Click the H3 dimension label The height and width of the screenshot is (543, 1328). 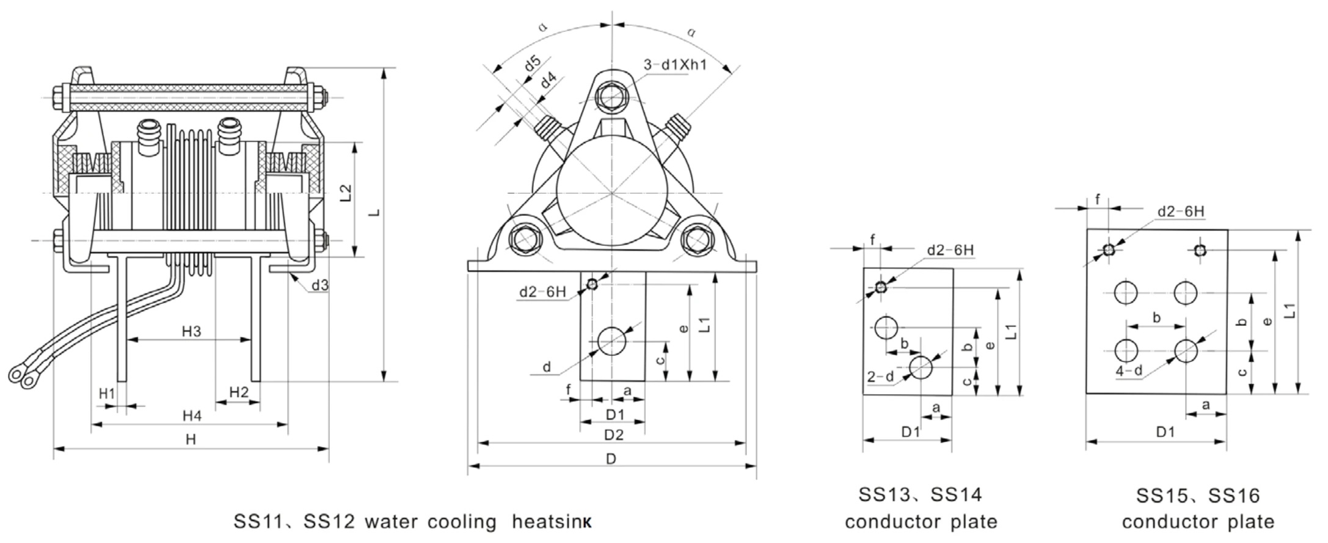[191, 331]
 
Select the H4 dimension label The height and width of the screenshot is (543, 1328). [192, 416]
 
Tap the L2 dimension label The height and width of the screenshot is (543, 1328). [346, 193]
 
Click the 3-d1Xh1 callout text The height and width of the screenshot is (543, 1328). [675, 64]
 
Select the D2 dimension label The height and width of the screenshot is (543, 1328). [614, 435]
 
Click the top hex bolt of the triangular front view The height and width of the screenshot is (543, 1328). [611, 96]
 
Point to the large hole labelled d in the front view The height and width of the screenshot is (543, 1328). [612, 341]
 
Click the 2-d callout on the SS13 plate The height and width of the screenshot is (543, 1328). [880, 377]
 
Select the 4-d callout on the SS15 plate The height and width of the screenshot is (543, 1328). [1129, 371]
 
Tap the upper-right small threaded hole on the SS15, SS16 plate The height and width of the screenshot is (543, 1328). [1199, 250]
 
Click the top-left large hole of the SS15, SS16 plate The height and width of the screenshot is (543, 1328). [1126, 292]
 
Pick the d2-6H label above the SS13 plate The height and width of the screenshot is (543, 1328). [950, 250]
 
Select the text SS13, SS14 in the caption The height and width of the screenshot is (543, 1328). [921, 495]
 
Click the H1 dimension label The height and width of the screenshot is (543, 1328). [107, 394]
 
